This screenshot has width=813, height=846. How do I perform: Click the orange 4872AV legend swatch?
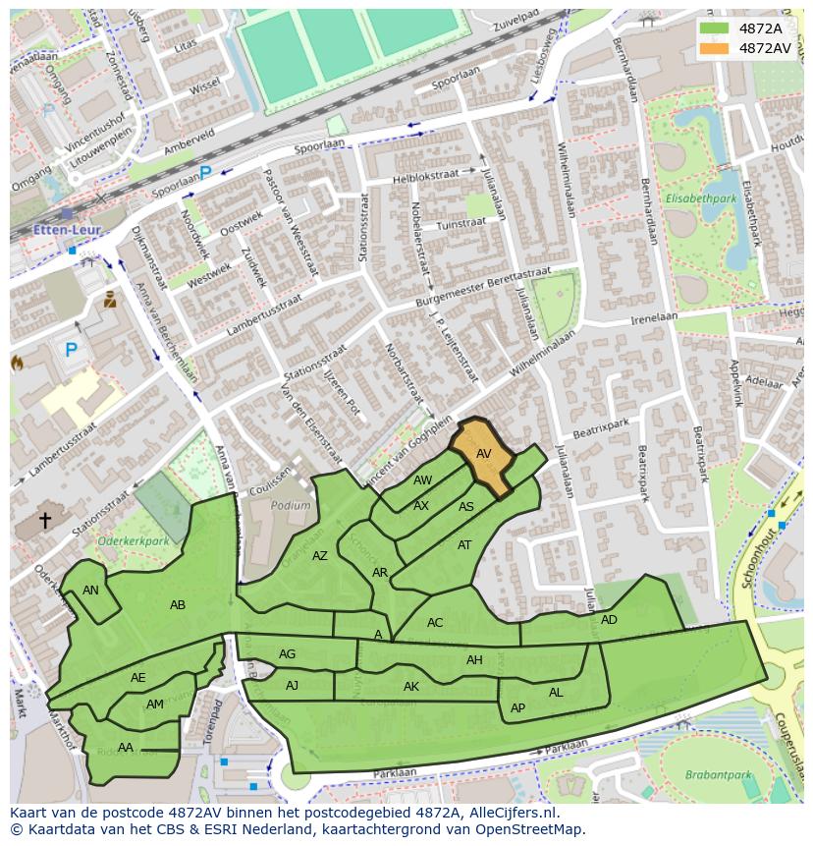pos(714,47)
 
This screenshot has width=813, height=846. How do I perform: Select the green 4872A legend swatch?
pos(714,28)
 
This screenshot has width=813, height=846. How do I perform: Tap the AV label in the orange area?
pos(483,454)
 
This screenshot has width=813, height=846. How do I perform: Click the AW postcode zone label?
pos(422,480)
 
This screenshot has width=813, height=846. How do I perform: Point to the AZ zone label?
pos(320,556)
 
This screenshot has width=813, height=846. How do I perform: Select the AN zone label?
pos(90,591)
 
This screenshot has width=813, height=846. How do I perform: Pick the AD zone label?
pos(609,620)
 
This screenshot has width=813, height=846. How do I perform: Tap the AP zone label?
pos(517,708)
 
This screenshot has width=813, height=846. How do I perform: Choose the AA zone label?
pos(125,748)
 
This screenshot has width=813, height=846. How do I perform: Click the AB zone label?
pos(178,605)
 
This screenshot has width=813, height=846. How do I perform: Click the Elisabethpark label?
pos(701,198)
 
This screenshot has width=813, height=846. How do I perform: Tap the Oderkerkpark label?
pos(134,540)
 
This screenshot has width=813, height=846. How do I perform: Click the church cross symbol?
pos(44,520)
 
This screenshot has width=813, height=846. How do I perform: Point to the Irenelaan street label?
pos(654,318)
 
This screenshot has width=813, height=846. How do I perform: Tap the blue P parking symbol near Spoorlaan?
pos(205,173)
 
